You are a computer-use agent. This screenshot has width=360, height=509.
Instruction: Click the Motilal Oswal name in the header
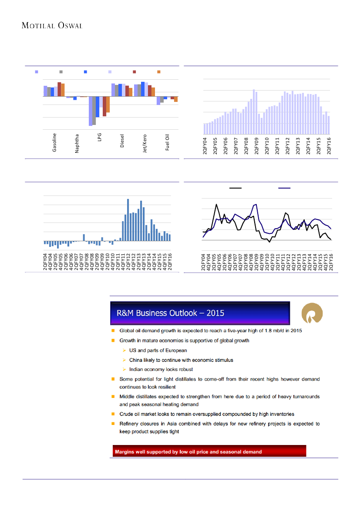point(52,25)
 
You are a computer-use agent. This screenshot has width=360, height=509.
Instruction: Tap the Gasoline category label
point(54,142)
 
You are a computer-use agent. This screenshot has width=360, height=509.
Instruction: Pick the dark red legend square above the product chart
point(135,71)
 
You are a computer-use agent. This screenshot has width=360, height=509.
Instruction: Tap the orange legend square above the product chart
point(159,71)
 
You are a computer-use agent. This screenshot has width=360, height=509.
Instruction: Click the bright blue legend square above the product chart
point(86,71)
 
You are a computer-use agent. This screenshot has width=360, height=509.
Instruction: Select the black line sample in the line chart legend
point(236,188)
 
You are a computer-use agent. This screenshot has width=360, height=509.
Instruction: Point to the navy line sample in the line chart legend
point(285,188)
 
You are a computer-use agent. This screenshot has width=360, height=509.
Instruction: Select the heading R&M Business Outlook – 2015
point(171,313)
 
